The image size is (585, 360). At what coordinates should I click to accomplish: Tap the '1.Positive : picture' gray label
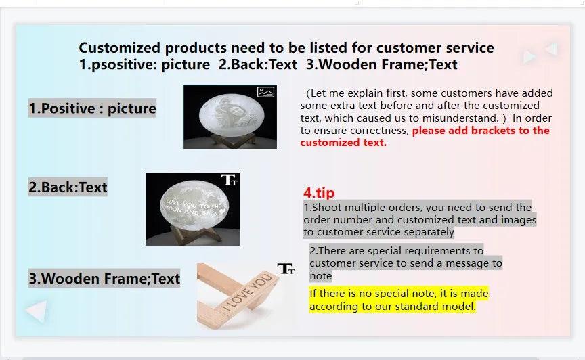click(x=92, y=108)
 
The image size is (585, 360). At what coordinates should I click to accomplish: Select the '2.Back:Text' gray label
click(x=68, y=187)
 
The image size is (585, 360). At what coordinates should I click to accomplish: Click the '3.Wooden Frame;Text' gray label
click(x=104, y=278)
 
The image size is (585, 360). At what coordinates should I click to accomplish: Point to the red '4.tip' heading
click(x=319, y=192)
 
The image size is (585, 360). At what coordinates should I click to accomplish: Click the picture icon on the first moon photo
click(x=265, y=92)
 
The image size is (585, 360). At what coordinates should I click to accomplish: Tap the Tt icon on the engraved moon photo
click(x=229, y=180)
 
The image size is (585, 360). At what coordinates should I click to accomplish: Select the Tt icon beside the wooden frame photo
click(x=286, y=269)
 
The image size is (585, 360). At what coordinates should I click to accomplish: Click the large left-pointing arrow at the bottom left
click(x=37, y=311)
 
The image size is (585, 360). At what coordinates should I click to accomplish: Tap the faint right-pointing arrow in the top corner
click(x=529, y=57)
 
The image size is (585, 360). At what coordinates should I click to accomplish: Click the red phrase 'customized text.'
click(x=343, y=143)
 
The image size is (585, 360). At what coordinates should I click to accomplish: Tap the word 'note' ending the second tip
click(x=320, y=275)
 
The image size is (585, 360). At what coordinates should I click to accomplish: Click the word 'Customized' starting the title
click(x=119, y=48)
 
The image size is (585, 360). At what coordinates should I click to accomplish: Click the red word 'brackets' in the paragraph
click(x=493, y=130)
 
